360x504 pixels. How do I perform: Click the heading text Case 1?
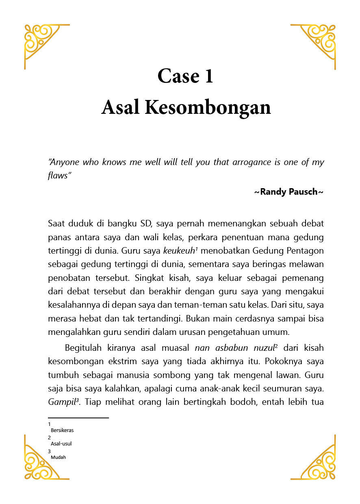[185, 76]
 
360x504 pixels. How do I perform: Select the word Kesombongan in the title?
[208, 108]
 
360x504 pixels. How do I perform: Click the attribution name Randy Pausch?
[288, 191]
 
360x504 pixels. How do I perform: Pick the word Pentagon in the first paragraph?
[305, 250]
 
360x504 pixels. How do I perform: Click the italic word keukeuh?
[179, 250]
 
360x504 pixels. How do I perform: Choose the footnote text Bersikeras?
[62, 430]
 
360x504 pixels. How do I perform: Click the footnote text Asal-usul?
[61, 443]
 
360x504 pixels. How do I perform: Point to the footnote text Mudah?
[58, 457]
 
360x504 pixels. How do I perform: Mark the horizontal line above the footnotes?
[78, 417]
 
